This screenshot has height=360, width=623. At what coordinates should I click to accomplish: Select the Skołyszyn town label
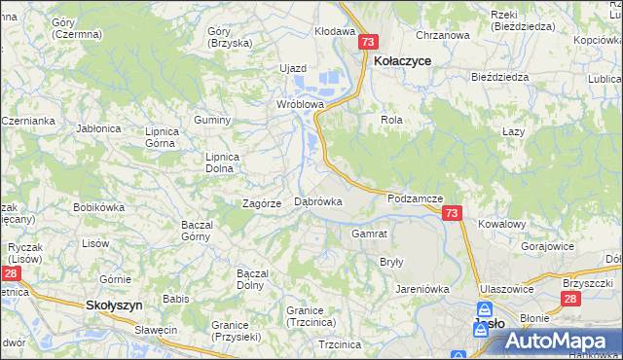pos(115,305)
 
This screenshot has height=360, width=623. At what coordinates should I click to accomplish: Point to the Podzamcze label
pos(415,198)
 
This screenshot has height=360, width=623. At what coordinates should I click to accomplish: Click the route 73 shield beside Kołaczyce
pos(367,43)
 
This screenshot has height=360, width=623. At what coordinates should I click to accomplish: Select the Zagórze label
pos(262,203)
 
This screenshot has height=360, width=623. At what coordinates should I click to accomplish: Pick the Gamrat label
pos(370,234)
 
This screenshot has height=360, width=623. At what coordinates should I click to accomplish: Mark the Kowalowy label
pos(502,224)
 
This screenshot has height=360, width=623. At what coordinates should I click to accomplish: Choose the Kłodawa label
pos(334,31)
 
